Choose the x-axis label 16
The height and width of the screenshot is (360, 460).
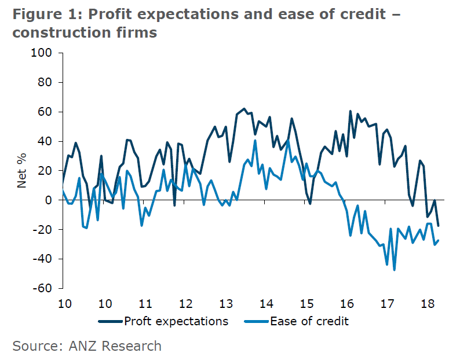[346, 303]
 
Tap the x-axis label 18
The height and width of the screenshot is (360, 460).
[428, 303]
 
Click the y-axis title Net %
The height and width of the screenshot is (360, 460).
[23, 170]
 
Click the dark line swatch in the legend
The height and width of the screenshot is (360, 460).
[110, 321]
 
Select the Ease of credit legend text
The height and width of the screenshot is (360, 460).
[309, 321]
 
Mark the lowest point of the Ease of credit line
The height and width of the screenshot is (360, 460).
[395, 270]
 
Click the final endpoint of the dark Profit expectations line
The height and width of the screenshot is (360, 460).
[438, 226]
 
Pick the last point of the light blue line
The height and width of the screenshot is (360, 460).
[438, 240]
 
